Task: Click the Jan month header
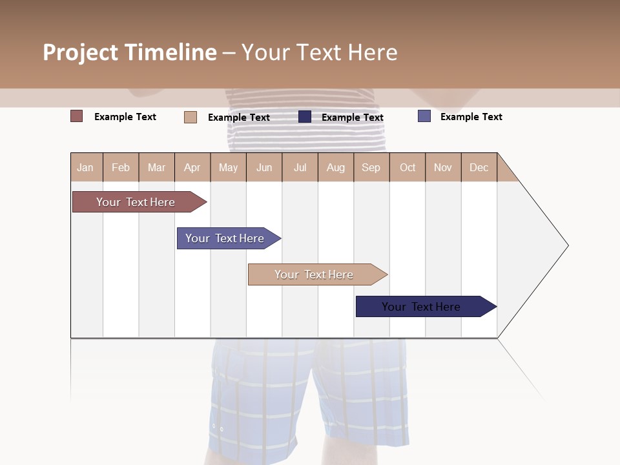point(85,167)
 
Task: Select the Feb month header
point(121,167)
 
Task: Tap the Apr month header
point(192,167)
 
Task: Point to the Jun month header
point(264,167)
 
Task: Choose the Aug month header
point(335,167)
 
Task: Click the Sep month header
point(371,167)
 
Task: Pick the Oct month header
point(408,167)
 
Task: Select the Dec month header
point(479,167)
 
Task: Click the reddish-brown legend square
point(77,116)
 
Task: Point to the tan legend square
point(190,117)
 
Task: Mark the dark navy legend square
point(305,117)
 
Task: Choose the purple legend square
point(424,116)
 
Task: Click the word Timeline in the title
point(170,52)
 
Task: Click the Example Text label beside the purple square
point(471,117)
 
